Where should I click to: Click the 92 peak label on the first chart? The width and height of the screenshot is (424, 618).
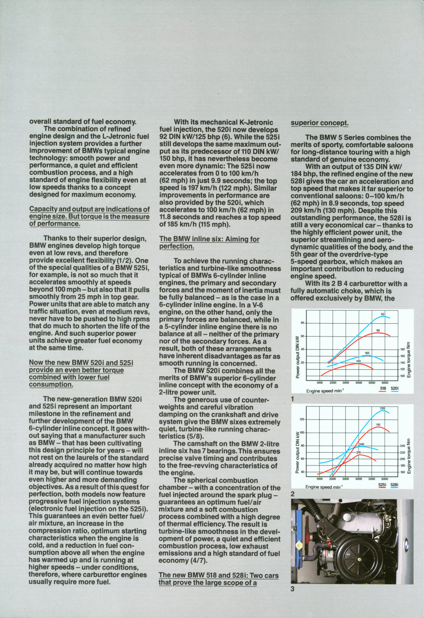pyautogui.click(x=383, y=314)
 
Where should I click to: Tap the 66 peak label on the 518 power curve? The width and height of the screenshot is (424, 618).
pyautogui.click(x=378, y=330)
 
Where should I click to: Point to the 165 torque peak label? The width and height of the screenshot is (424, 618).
pyautogui.click(x=367, y=353)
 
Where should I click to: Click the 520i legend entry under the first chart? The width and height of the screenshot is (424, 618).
pyautogui.click(x=395, y=389)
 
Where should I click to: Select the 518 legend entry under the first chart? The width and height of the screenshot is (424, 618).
pyautogui.click(x=383, y=389)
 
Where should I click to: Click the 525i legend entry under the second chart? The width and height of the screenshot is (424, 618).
pyautogui.click(x=382, y=485)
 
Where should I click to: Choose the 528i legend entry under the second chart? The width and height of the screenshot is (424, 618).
pyautogui.click(x=394, y=485)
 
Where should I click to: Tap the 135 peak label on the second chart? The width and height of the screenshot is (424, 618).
pyautogui.click(x=382, y=409)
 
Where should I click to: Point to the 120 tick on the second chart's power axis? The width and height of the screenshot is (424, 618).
pyautogui.click(x=301, y=419)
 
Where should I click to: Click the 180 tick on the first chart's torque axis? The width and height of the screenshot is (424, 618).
pyautogui.click(x=402, y=349)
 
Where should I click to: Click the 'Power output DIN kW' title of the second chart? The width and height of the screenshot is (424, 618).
pyautogui.click(x=298, y=452)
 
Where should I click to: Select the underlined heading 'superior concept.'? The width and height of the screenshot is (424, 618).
pyautogui.click(x=319, y=123)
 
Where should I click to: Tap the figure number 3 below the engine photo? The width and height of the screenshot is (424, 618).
pyautogui.click(x=292, y=589)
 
